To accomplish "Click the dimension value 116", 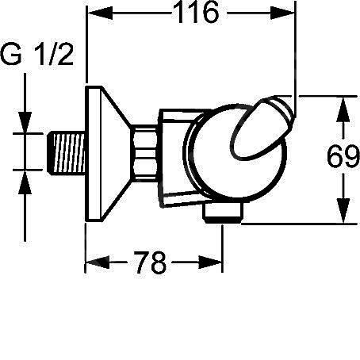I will [191, 15].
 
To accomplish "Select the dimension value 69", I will [343, 159].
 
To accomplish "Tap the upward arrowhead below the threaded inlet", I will [27, 178].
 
